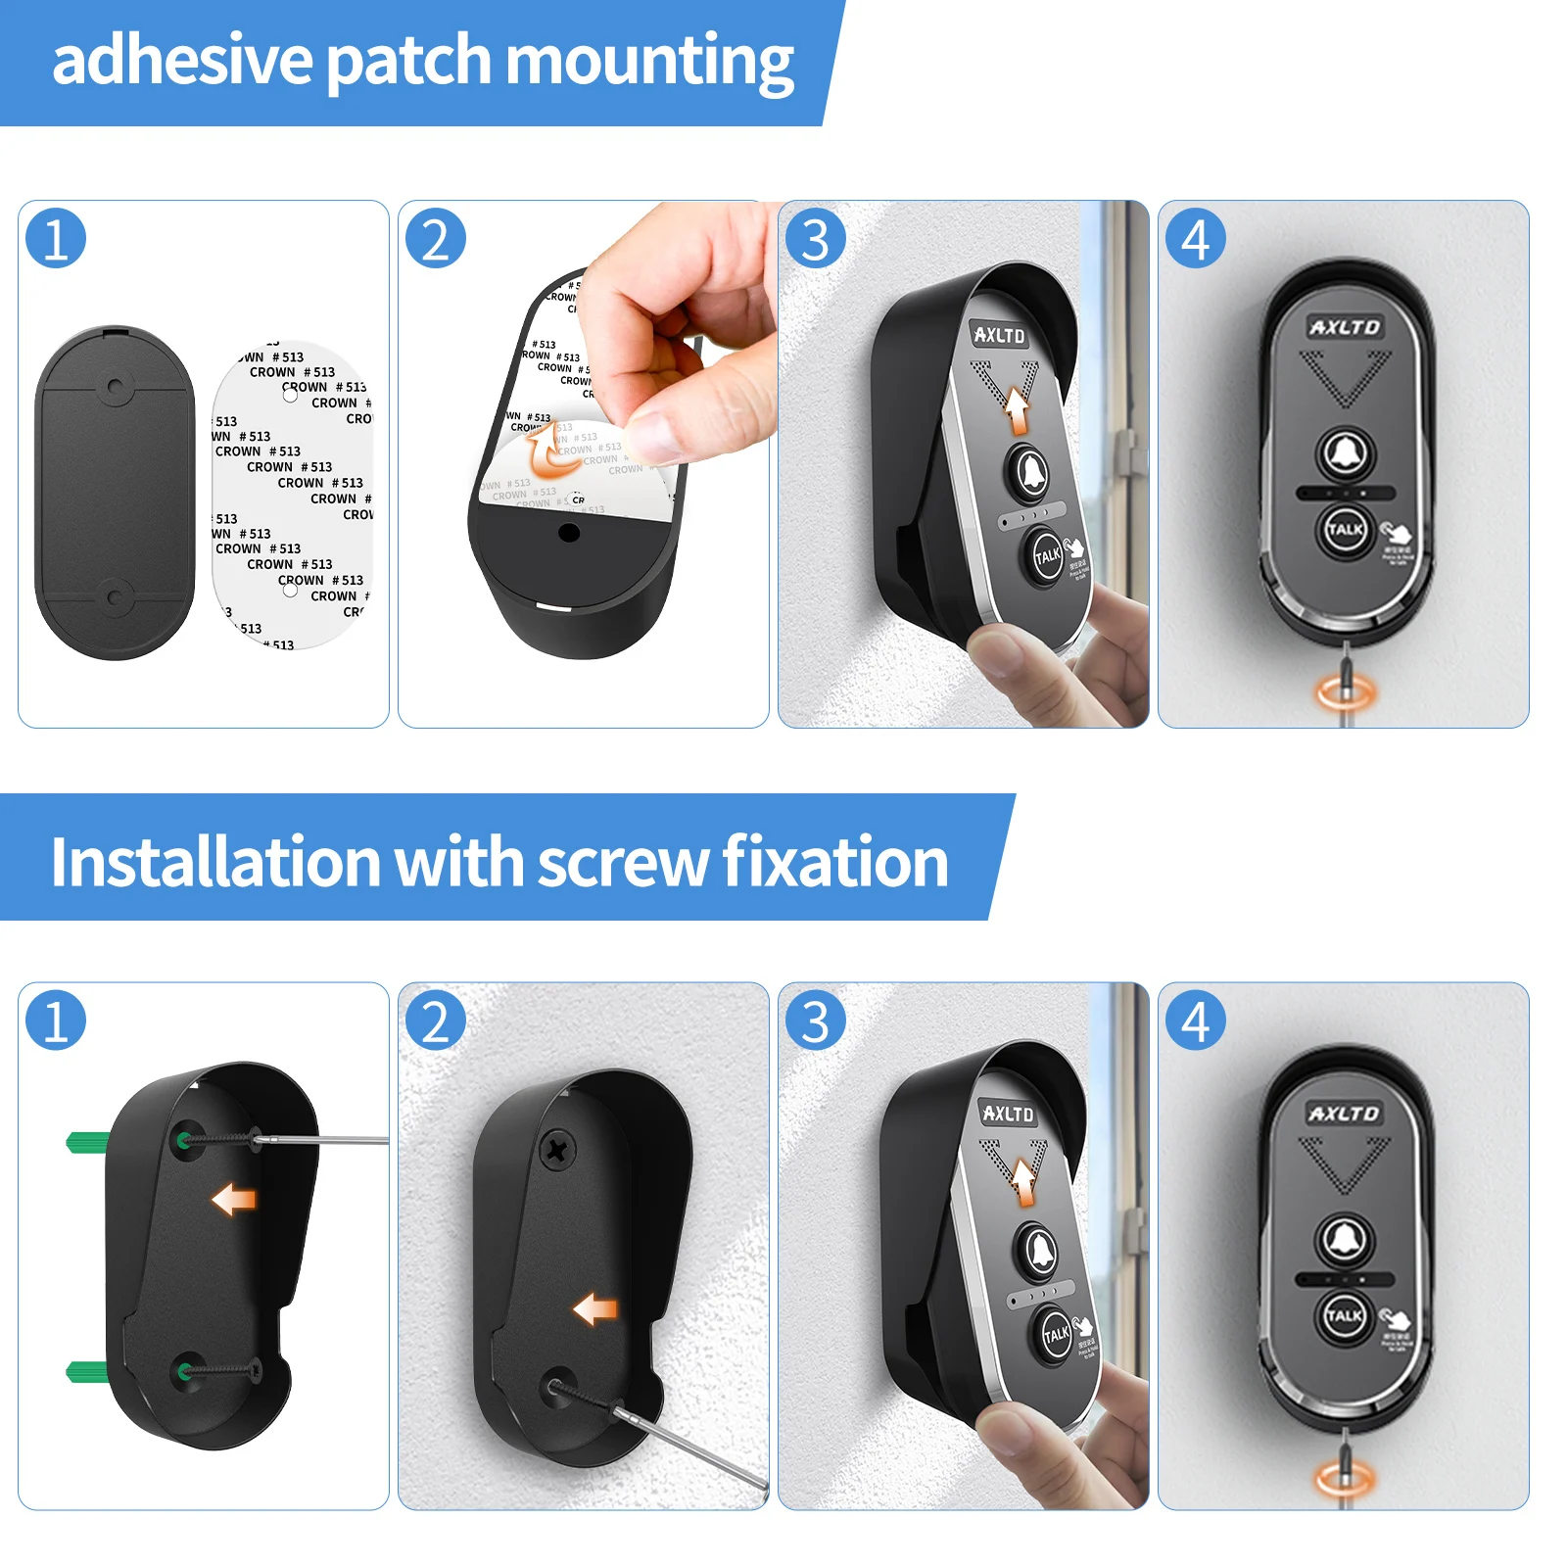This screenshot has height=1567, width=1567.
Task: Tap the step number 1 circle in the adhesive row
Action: pos(56,238)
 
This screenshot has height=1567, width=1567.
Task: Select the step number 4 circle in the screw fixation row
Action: pos(1195,1021)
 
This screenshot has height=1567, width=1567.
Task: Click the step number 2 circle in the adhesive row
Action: pos(436,238)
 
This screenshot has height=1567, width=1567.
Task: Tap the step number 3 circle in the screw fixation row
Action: pos(815,1021)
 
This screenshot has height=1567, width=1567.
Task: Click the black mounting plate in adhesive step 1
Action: pos(115,493)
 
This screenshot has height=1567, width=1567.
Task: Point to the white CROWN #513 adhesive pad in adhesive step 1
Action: pos(292,495)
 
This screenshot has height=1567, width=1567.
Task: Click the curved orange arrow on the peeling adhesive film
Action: pos(541,450)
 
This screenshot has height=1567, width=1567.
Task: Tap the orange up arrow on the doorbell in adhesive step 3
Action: pos(1019,410)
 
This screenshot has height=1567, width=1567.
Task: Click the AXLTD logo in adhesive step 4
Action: pos(1345,327)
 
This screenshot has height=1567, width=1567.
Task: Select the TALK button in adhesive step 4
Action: pos(1345,529)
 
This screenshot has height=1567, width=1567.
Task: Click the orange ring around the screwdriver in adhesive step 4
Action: pos(1346,693)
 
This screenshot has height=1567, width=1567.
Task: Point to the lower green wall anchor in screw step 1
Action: pos(86,1370)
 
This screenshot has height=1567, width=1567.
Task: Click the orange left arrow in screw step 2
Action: pos(595,1308)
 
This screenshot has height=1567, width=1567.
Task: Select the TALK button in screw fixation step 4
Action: pos(1344,1315)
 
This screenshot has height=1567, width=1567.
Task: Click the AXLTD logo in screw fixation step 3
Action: pos(1008,1114)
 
